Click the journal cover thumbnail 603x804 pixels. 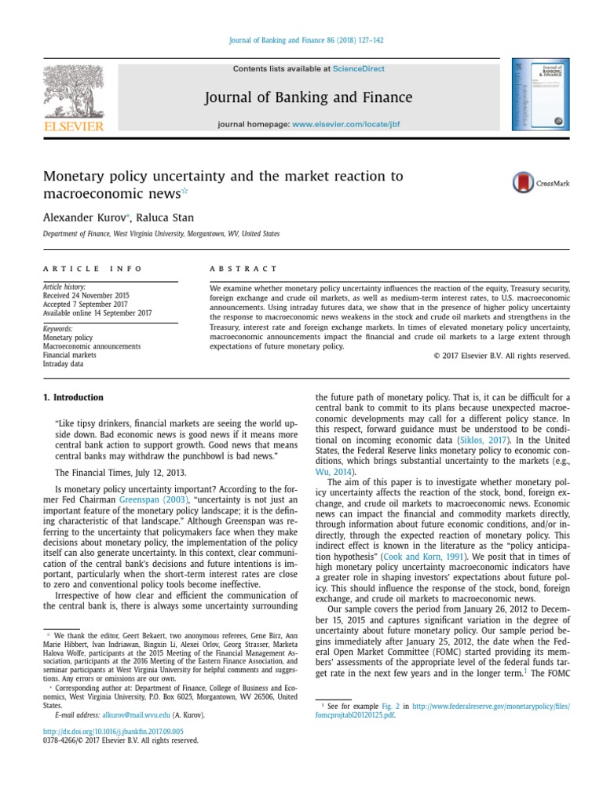[541, 94]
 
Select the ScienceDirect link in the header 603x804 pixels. [359, 69]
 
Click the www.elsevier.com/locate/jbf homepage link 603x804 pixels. [347, 125]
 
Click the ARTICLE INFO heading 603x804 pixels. [93, 269]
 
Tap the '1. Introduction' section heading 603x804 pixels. [73, 397]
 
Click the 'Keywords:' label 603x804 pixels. [58, 328]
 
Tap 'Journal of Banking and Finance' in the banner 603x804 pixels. [308, 97]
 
